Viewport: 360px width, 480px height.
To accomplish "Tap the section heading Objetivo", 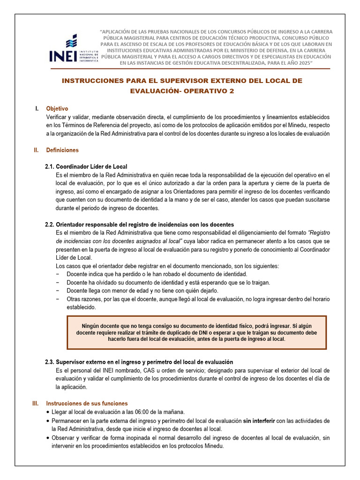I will click(57, 108).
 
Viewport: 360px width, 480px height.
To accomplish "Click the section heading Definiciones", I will click(62, 150).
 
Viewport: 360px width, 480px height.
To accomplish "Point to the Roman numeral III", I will click(35, 404).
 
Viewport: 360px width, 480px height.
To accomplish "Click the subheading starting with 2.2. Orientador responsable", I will click(139, 225).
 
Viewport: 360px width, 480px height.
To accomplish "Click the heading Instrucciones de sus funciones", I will click(87, 404).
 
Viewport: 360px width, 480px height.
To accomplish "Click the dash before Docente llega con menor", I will click(58, 291).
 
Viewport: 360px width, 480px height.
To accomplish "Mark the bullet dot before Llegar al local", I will click(49, 412).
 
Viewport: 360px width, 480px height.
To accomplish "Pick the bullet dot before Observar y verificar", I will click(49, 438).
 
